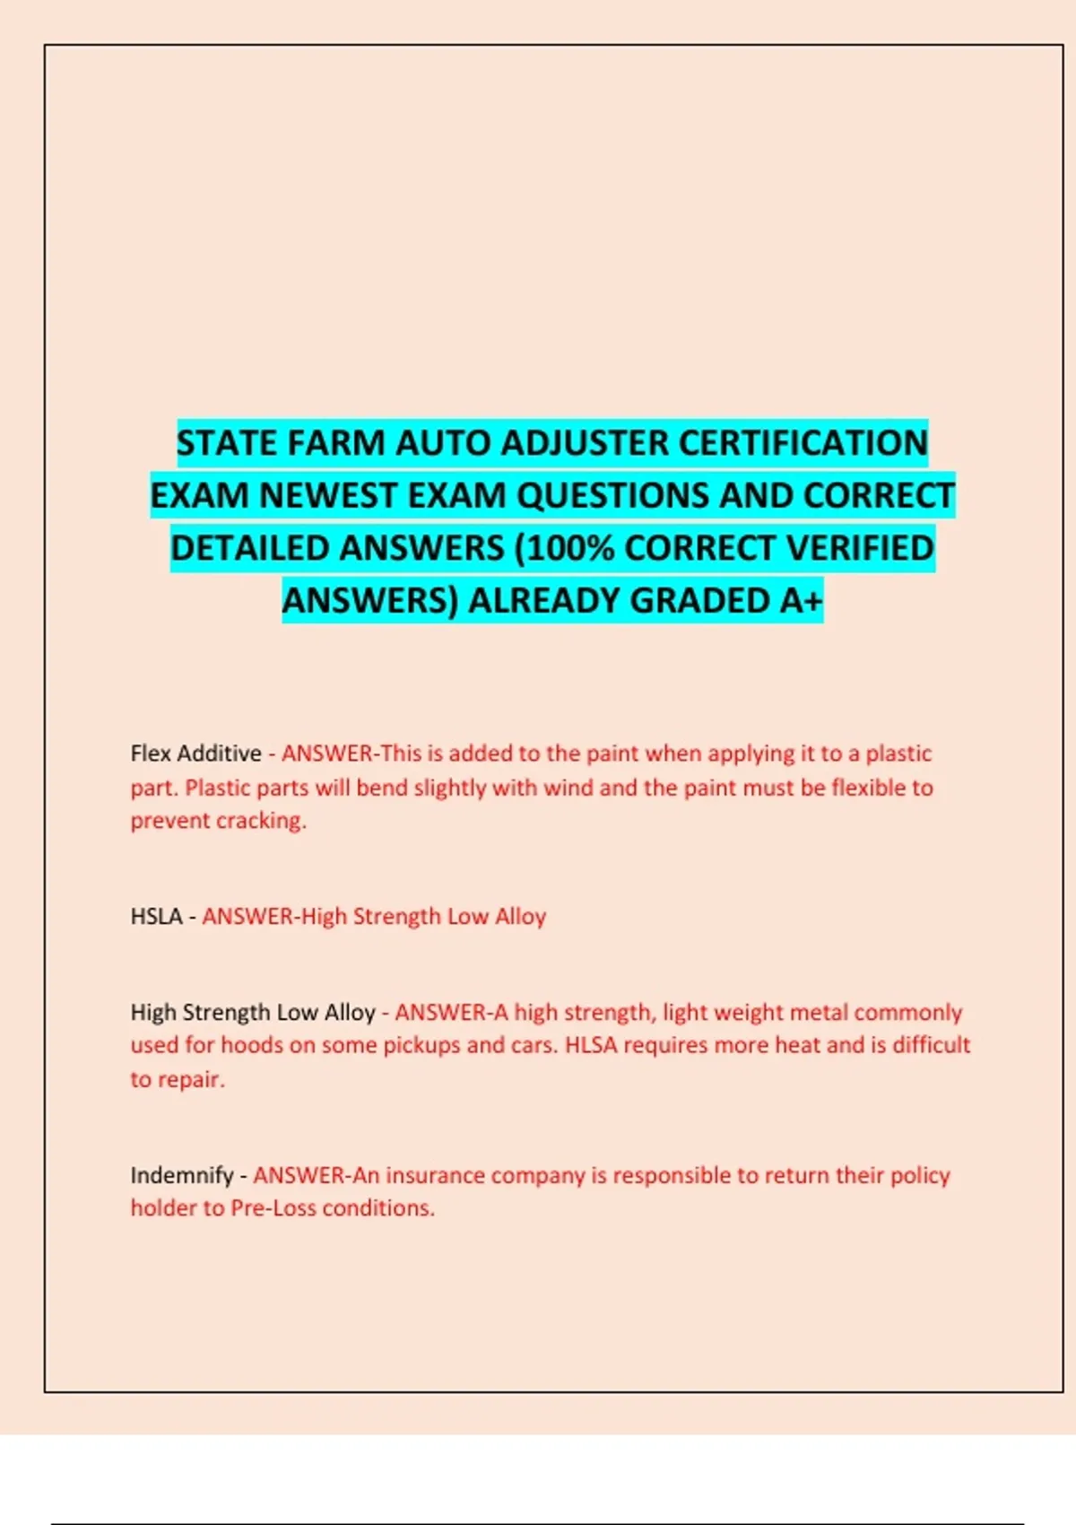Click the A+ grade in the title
click(x=800, y=601)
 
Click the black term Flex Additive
click(x=195, y=754)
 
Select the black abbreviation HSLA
click(x=156, y=917)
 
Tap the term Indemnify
click(x=181, y=1175)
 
